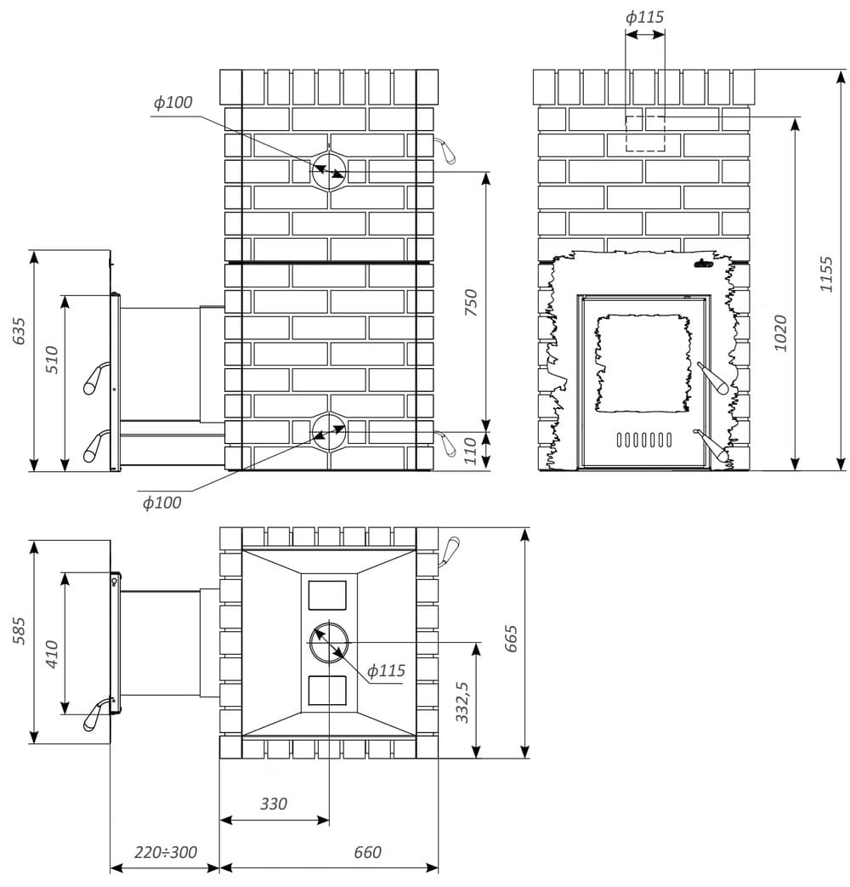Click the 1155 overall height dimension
click(x=827, y=275)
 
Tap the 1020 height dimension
click(x=780, y=333)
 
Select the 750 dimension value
click(x=471, y=303)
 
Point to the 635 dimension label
click(x=19, y=331)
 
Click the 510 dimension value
click(x=52, y=359)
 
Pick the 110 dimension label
click(x=471, y=451)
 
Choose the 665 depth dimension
click(x=511, y=639)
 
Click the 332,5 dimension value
click(x=462, y=702)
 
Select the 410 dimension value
click(x=52, y=655)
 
